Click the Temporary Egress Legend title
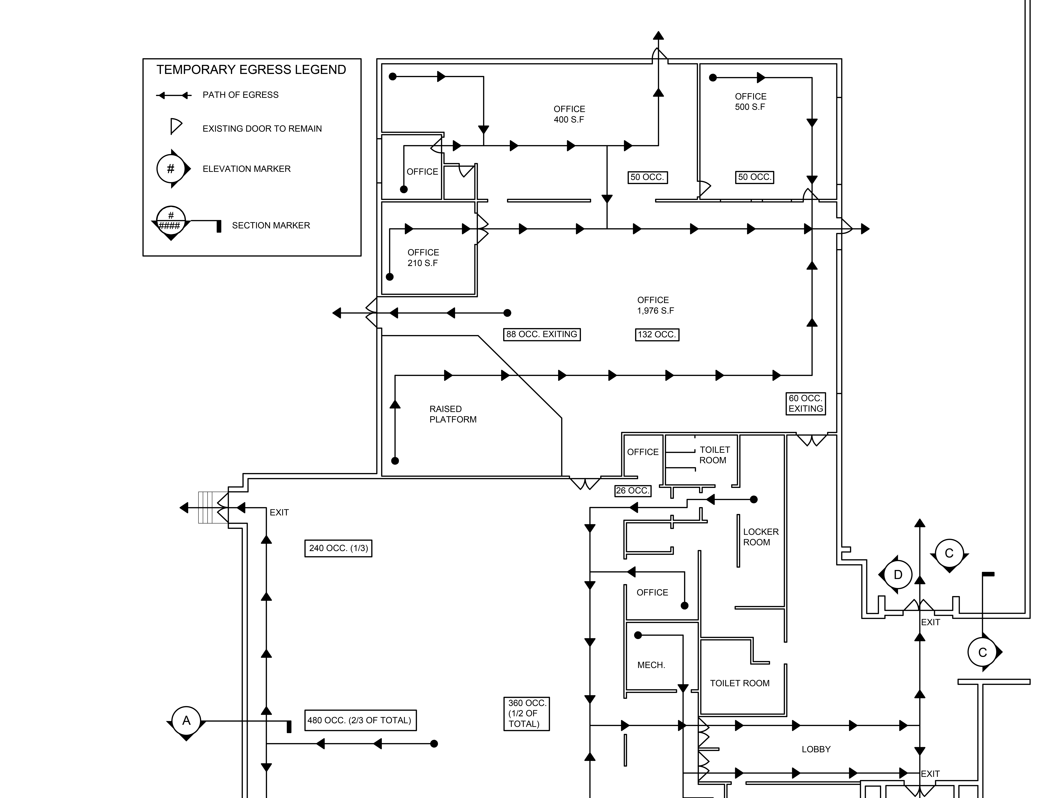coord(251,70)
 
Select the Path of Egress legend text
coord(240,95)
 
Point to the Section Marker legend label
coord(271,225)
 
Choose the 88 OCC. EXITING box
coord(542,334)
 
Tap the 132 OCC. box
coord(657,334)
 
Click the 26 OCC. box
coord(633,491)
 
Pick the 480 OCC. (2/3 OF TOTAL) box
coord(360,720)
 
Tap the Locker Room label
coord(761,537)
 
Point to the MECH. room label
coord(651,665)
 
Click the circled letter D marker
coord(898,574)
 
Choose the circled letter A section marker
coord(186,721)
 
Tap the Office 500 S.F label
coord(750,101)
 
